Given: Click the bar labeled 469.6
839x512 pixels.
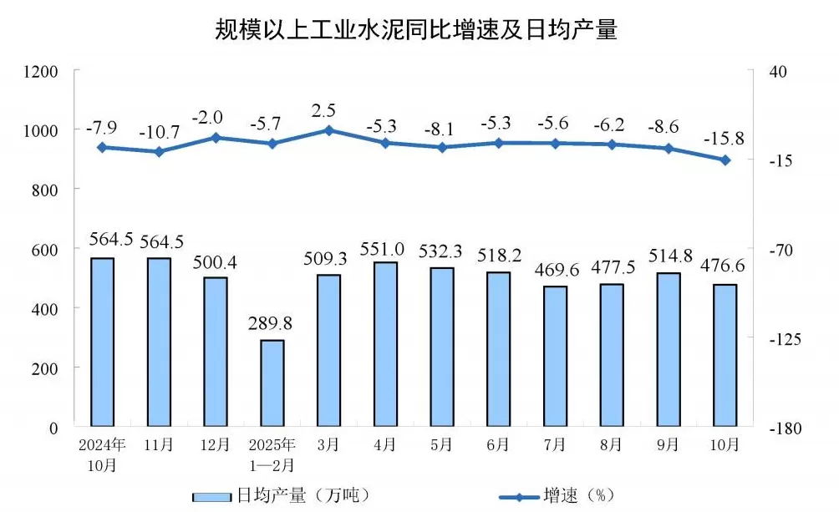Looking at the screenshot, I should point(556,356).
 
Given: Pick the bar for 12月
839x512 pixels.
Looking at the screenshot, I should point(216,352).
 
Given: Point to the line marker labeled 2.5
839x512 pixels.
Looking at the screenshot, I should point(328,130).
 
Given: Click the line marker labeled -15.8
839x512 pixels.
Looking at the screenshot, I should point(725,160).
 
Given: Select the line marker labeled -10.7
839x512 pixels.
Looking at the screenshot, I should point(159,151).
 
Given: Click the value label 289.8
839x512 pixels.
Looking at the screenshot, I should point(272,322).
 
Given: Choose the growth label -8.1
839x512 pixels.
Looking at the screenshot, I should point(442,129).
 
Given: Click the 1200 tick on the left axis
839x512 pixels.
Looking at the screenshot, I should point(41,72).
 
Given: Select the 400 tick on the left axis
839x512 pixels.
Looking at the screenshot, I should point(46,309).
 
